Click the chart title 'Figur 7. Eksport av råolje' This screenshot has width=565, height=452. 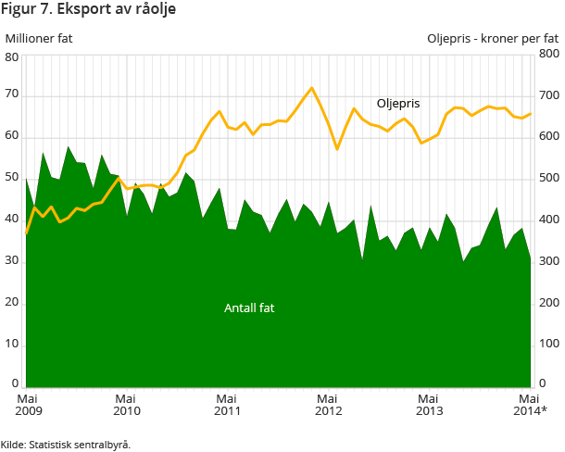click(89, 10)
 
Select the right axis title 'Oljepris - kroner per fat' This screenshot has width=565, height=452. click(493, 39)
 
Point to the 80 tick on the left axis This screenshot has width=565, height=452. click(12, 57)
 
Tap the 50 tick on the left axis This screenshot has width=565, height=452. click(12, 178)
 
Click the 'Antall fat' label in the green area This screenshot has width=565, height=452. click(249, 308)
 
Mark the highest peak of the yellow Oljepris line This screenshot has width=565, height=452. click(311, 88)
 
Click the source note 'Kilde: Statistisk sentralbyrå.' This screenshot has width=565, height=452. click(66, 445)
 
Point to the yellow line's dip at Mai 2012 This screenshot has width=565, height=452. click(337, 149)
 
